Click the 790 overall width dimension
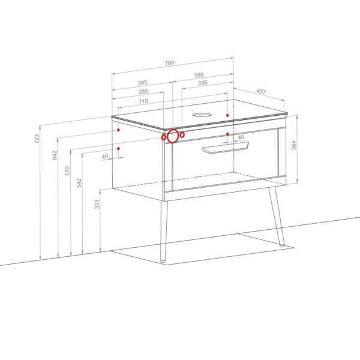[169, 62]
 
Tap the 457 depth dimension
[261, 92]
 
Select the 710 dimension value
[143, 101]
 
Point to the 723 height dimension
[37, 139]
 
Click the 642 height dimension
[55, 155]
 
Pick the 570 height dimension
[67, 171]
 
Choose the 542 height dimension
[79, 183]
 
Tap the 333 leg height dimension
[97, 204]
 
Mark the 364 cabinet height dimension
[293, 145]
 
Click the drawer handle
[225, 148]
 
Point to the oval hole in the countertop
[202, 115]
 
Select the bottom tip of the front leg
[163, 261]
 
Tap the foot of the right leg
[282, 245]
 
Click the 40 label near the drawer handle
[241, 137]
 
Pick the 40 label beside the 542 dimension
[104, 157]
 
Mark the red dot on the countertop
[227, 115]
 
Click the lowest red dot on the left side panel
[118, 149]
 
